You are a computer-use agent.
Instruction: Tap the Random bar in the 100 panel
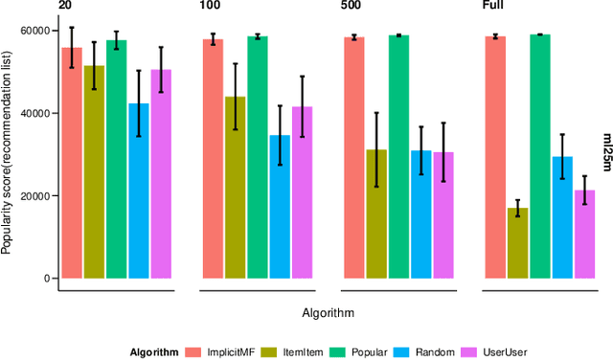click(280, 207)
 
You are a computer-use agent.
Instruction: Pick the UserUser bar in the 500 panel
click(443, 215)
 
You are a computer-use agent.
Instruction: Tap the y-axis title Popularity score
click(9, 154)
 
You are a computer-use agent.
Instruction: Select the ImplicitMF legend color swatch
click(195, 351)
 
